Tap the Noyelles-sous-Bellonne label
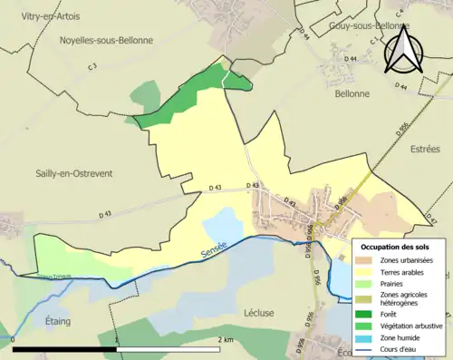pos(106,40)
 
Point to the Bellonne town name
pos(352,93)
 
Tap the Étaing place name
pos(58,320)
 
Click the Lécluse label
pos(259,312)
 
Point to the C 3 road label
pos(92,67)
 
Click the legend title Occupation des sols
pos(396,246)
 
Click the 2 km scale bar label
pos(226,339)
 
